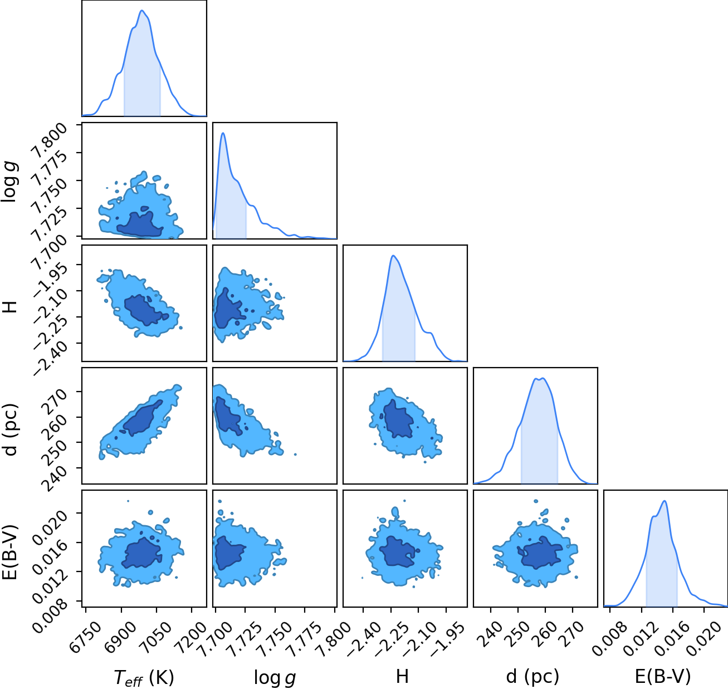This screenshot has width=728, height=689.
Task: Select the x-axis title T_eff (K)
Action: tap(144, 677)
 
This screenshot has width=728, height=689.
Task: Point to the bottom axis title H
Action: tap(403, 676)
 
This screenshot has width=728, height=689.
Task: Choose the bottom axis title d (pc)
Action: tap(532, 677)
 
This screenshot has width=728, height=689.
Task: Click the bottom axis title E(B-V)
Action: tap(663, 677)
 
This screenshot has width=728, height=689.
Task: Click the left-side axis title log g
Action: tap(11, 181)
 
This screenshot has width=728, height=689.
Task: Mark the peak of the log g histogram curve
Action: tap(223, 133)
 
